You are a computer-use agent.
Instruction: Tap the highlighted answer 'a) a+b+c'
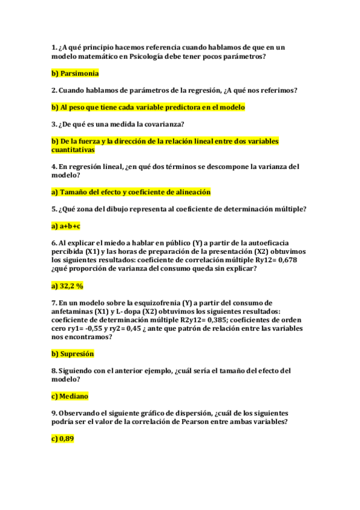click(x=66, y=226)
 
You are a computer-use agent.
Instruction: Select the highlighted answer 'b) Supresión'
click(x=73, y=354)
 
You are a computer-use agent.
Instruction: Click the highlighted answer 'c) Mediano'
click(x=70, y=396)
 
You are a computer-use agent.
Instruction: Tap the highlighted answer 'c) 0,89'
click(x=63, y=439)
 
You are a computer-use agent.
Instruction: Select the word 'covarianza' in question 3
click(x=162, y=124)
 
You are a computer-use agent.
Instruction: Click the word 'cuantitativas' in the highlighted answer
click(x=73, y=149)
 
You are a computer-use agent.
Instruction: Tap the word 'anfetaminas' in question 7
click(x=73, y=311)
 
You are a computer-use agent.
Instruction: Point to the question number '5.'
click(x=54, y=209)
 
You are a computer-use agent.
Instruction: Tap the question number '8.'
click(x=54, y=370)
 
